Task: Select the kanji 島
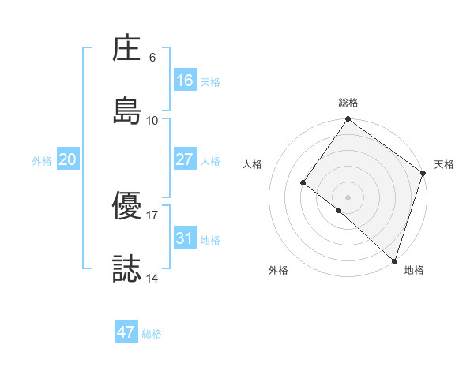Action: pos(127,111)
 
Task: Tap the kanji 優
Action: pos(127,207)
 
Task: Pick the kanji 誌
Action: pos(127,269)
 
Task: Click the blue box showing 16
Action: pos(184,81)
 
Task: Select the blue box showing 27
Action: pos(184,159)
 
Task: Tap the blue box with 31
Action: pos(184,238)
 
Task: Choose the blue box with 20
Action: pos(67,159)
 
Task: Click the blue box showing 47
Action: pos(126,332)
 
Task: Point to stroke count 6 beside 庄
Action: pos(152,58)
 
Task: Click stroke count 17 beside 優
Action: pos(152,215)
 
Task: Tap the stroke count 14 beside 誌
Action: pos(152,278)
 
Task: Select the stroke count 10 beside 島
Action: pos(152,120)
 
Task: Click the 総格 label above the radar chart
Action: pos(348,103)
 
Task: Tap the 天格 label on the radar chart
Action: pos(444,164)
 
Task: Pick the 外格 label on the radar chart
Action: pos(278,270)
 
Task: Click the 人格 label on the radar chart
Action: pos(253,164)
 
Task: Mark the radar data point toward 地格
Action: pos(394,260)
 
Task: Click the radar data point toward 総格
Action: pos(348,120)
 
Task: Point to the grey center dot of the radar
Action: pos(348,197)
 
